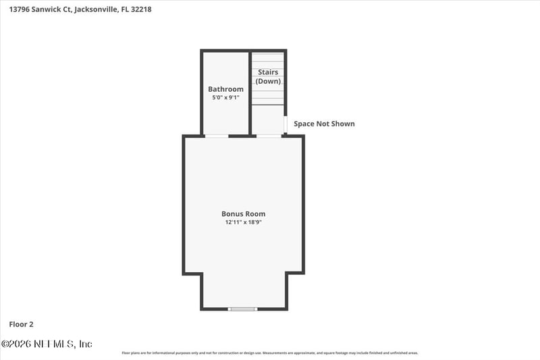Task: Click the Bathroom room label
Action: (x=225, y=89)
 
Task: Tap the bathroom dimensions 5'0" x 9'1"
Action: (x=225, y=98)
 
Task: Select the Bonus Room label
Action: (x=243, y=214)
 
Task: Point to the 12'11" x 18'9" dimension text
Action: (x=243, y=222)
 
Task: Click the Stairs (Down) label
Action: (x=267, y=77)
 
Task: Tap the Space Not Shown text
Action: (x=324, y=124)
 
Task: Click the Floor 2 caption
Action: (x=20, y=324)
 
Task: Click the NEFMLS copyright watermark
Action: (x=47, y=344)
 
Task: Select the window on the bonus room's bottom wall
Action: (x=242, y=309)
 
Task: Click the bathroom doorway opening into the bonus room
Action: (x=217, y=136)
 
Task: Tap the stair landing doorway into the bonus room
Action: (x=269, y=136)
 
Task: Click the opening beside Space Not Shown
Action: (x=286, y=124)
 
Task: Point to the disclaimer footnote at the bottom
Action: (x=270, y=353)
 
